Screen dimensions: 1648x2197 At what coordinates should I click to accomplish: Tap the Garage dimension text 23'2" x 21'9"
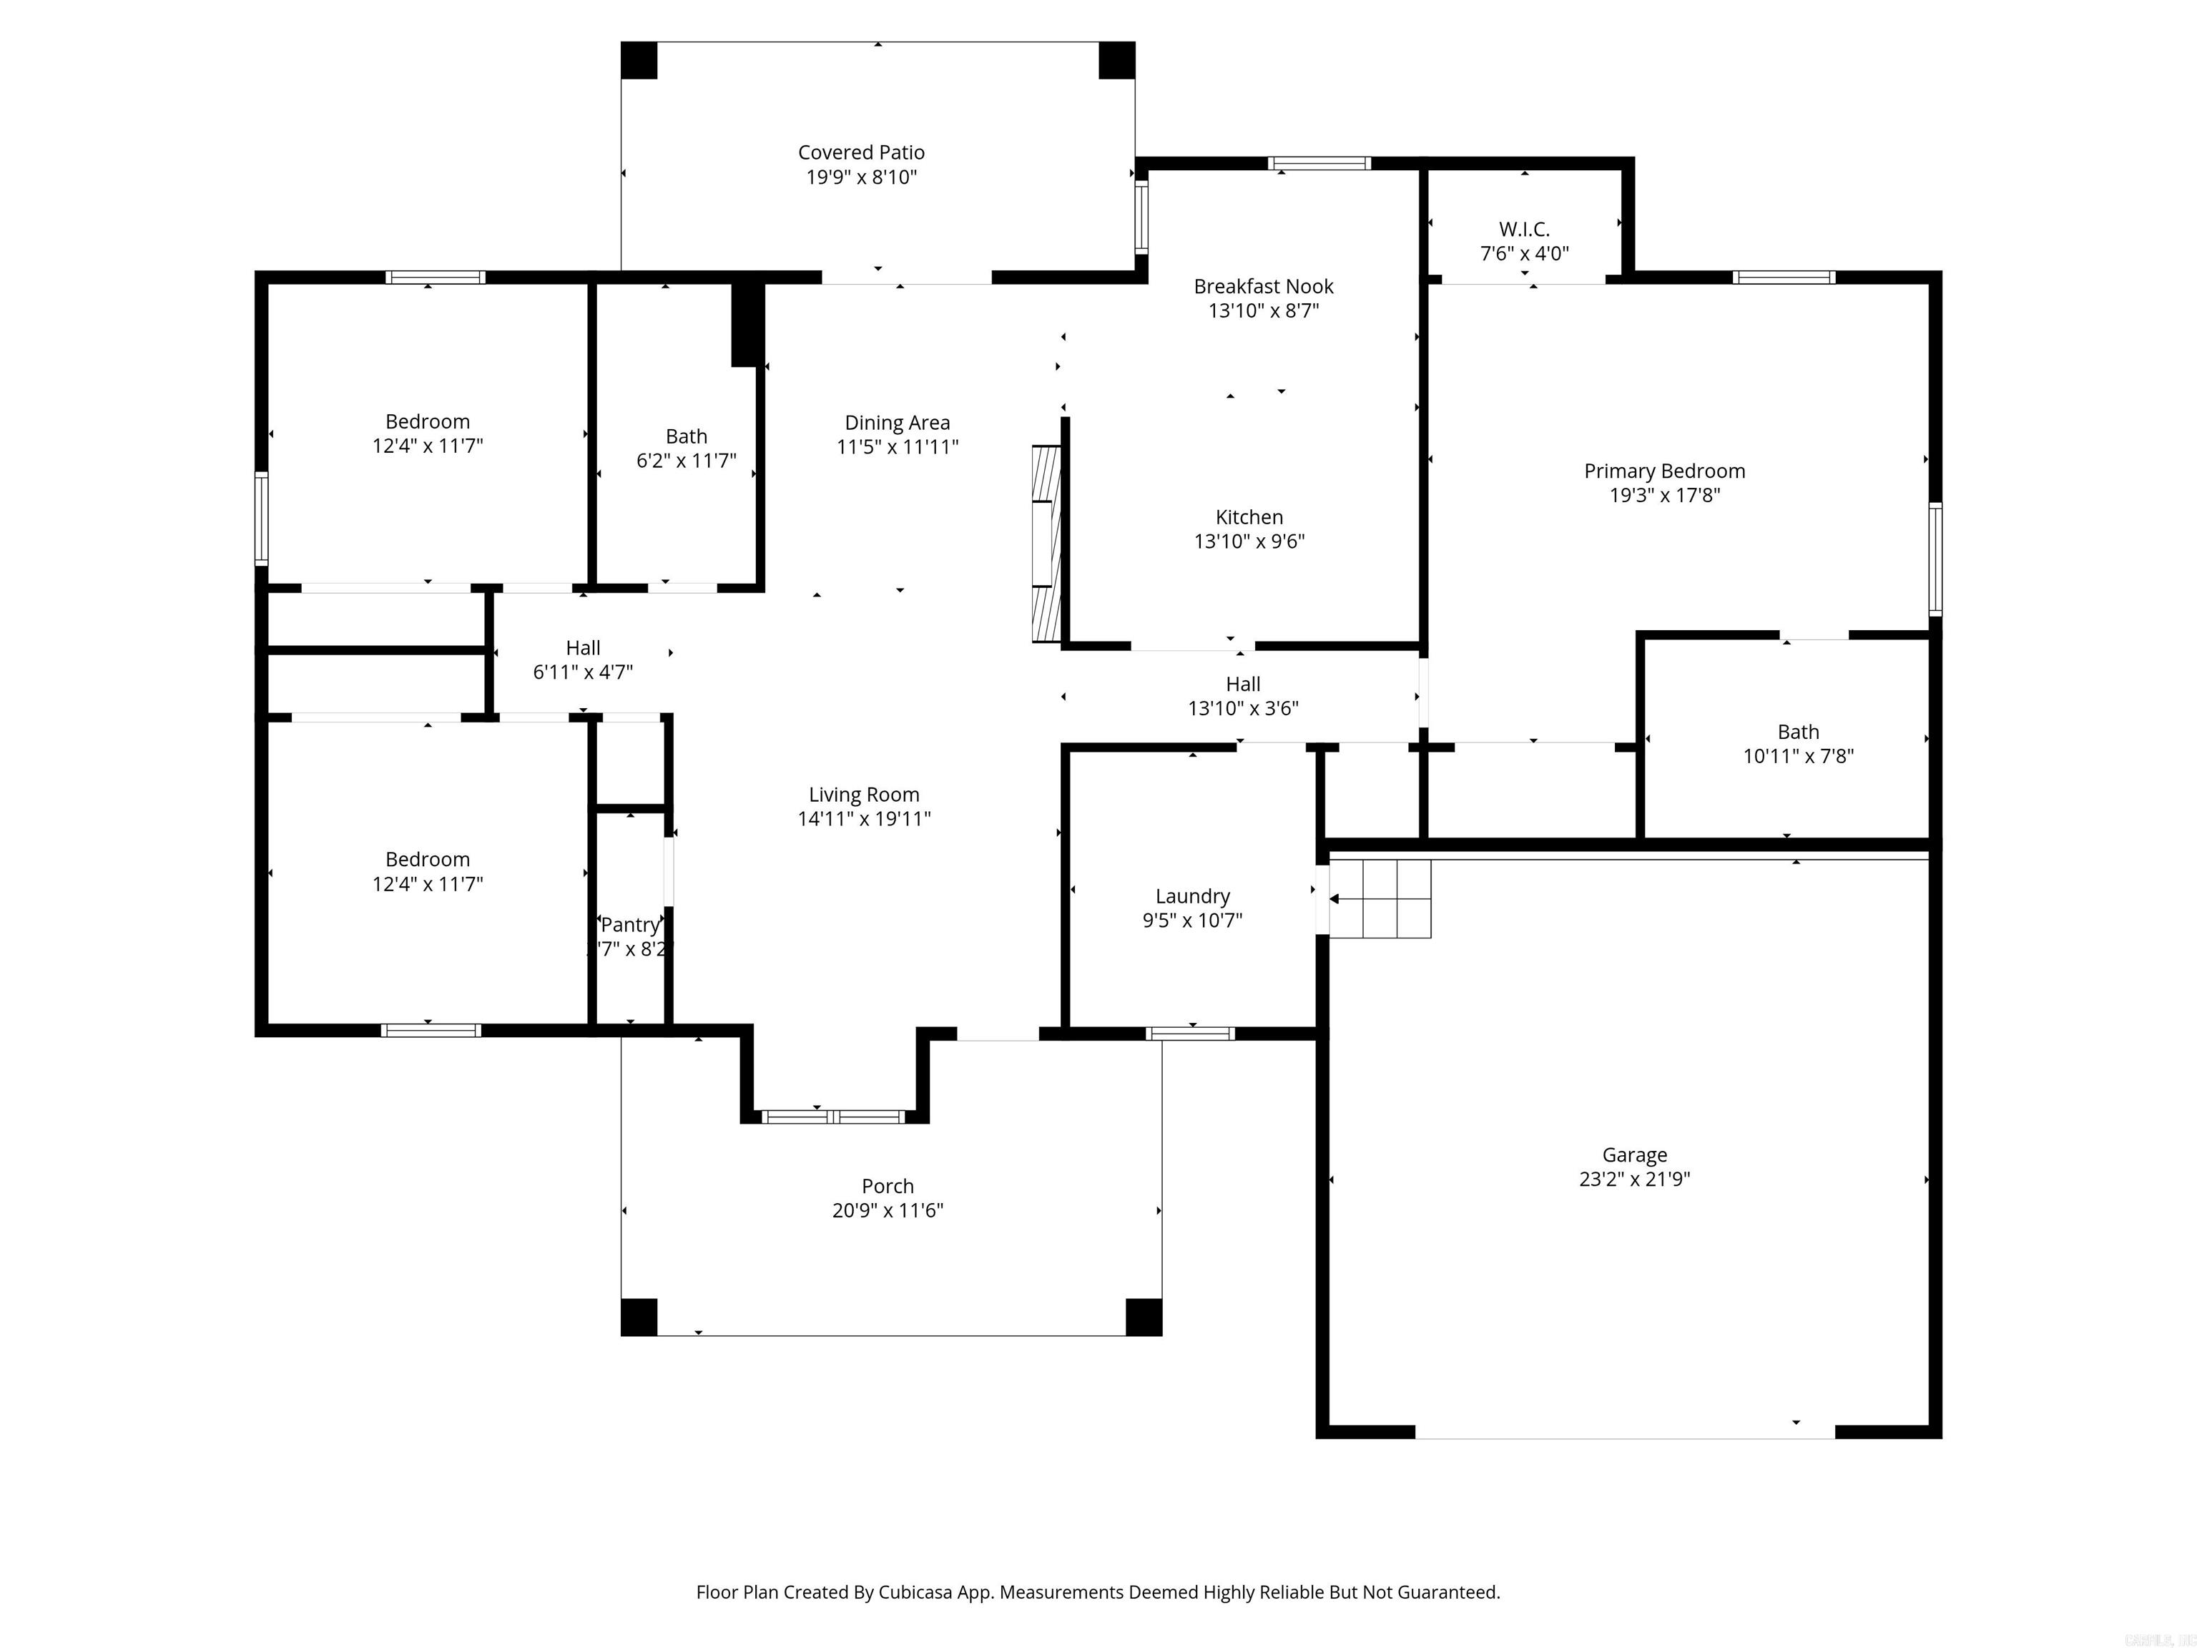pyautogui.click(x=1634, y=1179)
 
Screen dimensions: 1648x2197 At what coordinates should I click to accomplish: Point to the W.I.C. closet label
pyautogui.click(x=1523, y=230)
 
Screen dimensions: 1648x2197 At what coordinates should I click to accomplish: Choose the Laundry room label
pyautogui.click(x=1192, y=896)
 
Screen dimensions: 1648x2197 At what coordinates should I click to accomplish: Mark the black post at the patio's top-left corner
pyautogui.click(x=639, y=61)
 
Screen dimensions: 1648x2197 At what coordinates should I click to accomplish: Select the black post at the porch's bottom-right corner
pyautogui.click(x=1143, y=1318)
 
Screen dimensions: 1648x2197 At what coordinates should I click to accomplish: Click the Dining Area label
pyautogui.click(x=897, y=423)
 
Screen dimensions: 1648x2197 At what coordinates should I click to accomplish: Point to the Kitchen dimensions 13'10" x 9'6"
pyautogui.click(x=1249, y=541)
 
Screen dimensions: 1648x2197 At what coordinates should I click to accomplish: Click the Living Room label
pyautogui.click(x=863, y=795)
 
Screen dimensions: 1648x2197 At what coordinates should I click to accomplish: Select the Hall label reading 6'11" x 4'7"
pyautogui.click(x=583, y=647)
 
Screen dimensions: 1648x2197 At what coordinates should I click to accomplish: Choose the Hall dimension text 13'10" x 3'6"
pyautogui.click(x=1242, y=708)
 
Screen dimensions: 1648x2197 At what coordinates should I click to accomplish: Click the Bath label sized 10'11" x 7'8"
pyautogui.click(x=1798, y=732)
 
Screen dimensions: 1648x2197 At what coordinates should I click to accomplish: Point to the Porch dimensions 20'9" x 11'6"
pyautogui.click(x=887, y=1210)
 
